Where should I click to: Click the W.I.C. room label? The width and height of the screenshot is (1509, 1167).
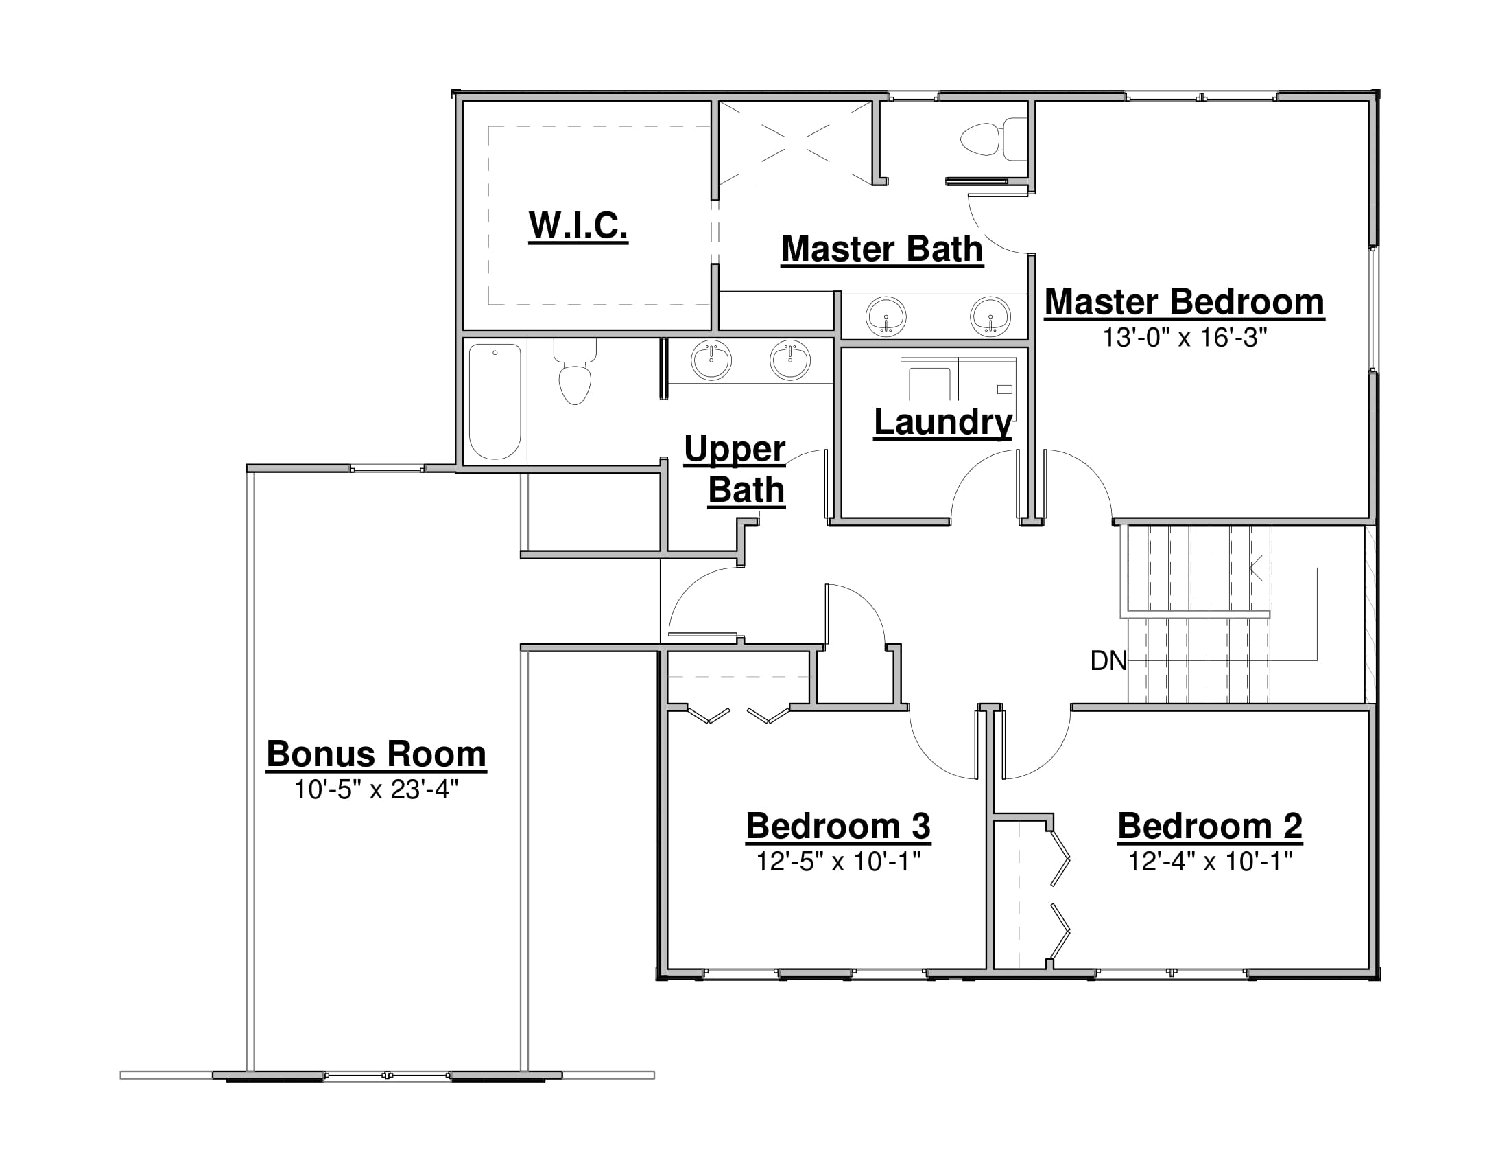click(x=578, y=225)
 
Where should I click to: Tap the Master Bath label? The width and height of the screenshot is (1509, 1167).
click(x=881, y=249)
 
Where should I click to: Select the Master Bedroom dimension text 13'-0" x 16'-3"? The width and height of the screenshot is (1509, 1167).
click(x=1185, y=337)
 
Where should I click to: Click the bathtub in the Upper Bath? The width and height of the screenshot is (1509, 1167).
click(x=495, y=402)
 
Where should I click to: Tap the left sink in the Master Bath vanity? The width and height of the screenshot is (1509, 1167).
click(x=886, y=316)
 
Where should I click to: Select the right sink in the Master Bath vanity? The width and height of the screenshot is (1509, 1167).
click(x=990, y=316)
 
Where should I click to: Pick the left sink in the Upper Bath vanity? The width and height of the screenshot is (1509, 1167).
click(x=711, y=360)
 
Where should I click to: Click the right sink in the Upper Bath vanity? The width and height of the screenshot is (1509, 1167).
click(x=789, y=360)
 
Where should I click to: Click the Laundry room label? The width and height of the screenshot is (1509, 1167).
click(x=943, y=422)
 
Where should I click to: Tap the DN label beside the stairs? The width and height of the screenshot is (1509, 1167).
click(x=1108, y=661)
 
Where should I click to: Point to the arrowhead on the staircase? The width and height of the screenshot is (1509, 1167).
click(x=1256, y=568)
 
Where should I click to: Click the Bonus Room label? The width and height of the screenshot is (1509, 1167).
click(x=377, y=754)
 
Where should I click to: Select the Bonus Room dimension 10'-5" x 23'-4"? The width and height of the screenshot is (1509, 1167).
click(x=377, y=789)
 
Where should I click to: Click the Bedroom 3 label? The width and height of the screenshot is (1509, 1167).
click(x=838, y=826)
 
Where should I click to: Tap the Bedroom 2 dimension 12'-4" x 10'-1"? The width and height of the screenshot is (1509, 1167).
click(x=1210, y=862)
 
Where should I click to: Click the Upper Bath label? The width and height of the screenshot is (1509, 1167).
click(x=735, y=470)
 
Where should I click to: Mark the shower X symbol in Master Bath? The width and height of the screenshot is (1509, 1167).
click(x=795, y=143)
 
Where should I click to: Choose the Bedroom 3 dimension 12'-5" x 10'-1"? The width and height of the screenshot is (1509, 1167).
click(x=838, y=862)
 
